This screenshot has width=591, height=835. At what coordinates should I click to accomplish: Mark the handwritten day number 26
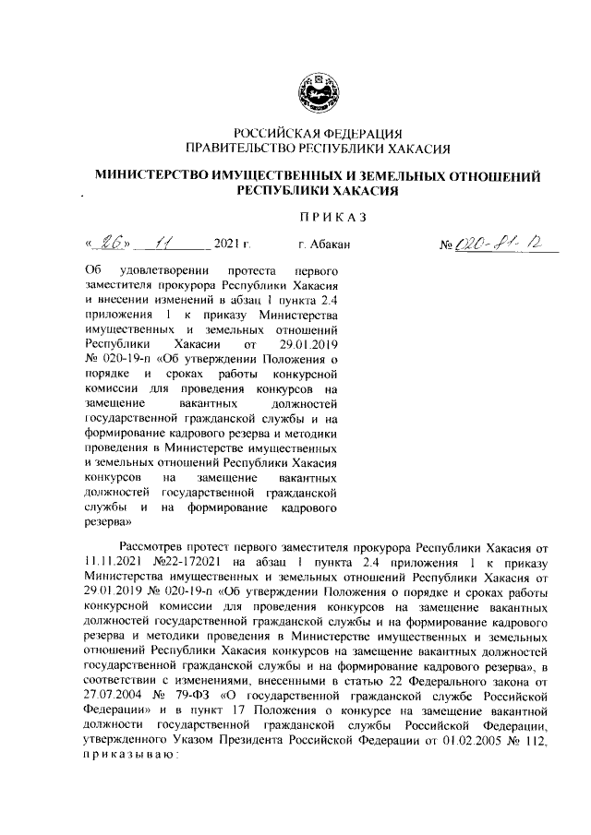coord(115,245)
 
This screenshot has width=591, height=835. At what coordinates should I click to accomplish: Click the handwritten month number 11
coord(165,245)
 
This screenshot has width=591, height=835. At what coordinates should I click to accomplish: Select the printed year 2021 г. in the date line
coord(233,245)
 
